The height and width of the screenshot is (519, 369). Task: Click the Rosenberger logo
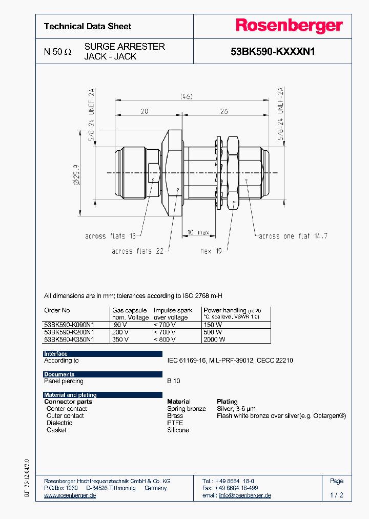[289, 26]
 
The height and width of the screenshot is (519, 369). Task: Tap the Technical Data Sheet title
[88, 26]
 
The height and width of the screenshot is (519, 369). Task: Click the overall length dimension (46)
[186, 96]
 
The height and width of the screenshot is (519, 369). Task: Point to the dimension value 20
[144, 111]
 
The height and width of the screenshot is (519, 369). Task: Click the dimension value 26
[223, 111]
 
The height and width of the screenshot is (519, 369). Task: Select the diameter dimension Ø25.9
[76, 175]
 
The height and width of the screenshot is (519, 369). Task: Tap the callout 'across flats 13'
[110, 236]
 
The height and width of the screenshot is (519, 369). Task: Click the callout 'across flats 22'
[137, 251]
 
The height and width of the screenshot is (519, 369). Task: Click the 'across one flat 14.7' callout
[293, 236]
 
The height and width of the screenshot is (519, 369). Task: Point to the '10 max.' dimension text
[198, 233]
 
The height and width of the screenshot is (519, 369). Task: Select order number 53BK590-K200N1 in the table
[69, 332]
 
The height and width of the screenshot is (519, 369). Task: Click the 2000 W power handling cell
[214, 340]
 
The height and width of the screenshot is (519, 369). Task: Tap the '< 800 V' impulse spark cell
[165, 340]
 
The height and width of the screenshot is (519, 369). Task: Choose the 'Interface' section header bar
[102, 354]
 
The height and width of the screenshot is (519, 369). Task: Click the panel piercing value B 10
[173, 381]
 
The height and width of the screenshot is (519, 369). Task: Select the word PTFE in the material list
[175, 423]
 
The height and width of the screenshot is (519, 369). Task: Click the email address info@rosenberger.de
[245, 495]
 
